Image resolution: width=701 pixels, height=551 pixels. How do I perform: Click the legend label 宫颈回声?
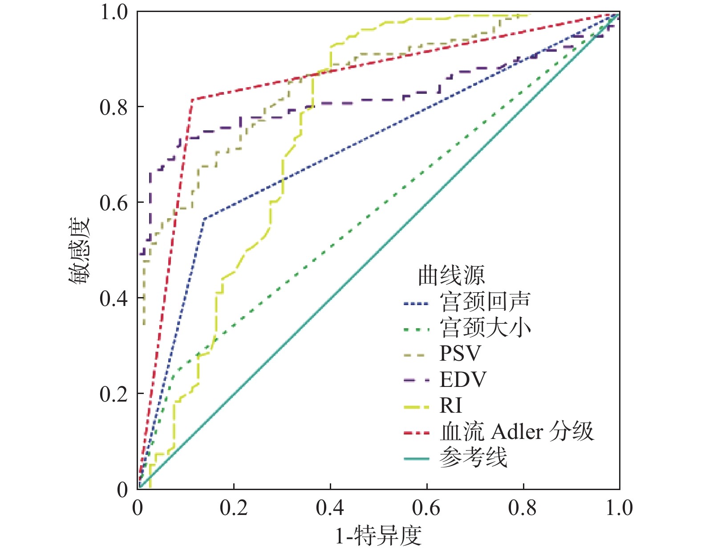[485, 302]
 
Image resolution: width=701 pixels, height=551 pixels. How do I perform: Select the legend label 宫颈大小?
[485, 328]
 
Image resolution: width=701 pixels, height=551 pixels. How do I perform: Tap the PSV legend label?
[460, 354]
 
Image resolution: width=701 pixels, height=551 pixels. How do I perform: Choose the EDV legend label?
[463, 380]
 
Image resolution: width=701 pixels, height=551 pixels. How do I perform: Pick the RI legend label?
[451, 406]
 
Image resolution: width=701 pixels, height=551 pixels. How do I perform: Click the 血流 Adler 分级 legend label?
[517, 431]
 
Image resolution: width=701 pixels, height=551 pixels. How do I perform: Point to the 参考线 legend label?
[474, 458]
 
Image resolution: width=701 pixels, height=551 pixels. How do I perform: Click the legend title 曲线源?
[451, 276]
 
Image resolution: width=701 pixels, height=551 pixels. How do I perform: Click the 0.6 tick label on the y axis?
[114, 203]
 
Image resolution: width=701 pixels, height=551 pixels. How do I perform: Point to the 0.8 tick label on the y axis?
[114, 107]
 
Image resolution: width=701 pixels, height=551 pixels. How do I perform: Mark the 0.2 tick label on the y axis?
[114, 394]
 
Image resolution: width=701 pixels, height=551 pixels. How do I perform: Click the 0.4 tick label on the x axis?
[330, 508]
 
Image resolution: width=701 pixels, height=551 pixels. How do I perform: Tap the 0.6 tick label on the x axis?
[426, 508]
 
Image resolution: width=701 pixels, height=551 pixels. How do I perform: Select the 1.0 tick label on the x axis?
[619, 508]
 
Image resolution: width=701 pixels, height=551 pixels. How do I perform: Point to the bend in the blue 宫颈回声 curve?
[204, 218]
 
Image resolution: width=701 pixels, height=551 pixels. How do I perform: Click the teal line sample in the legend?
[417, 458]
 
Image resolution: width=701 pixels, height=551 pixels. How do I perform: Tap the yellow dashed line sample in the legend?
[417, 406]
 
